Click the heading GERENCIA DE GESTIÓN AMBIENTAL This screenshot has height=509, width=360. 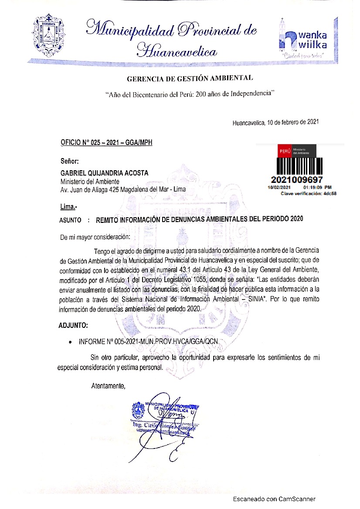189,79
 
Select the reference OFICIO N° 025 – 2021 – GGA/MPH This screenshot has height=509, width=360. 106,142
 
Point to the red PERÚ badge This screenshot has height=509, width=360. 284,151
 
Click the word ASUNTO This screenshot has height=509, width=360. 70,220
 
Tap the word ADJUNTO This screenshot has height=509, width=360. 73,325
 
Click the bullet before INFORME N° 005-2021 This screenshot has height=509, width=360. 71,343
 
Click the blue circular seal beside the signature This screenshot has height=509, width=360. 138,410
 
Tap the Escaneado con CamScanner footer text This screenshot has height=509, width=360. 274,499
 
